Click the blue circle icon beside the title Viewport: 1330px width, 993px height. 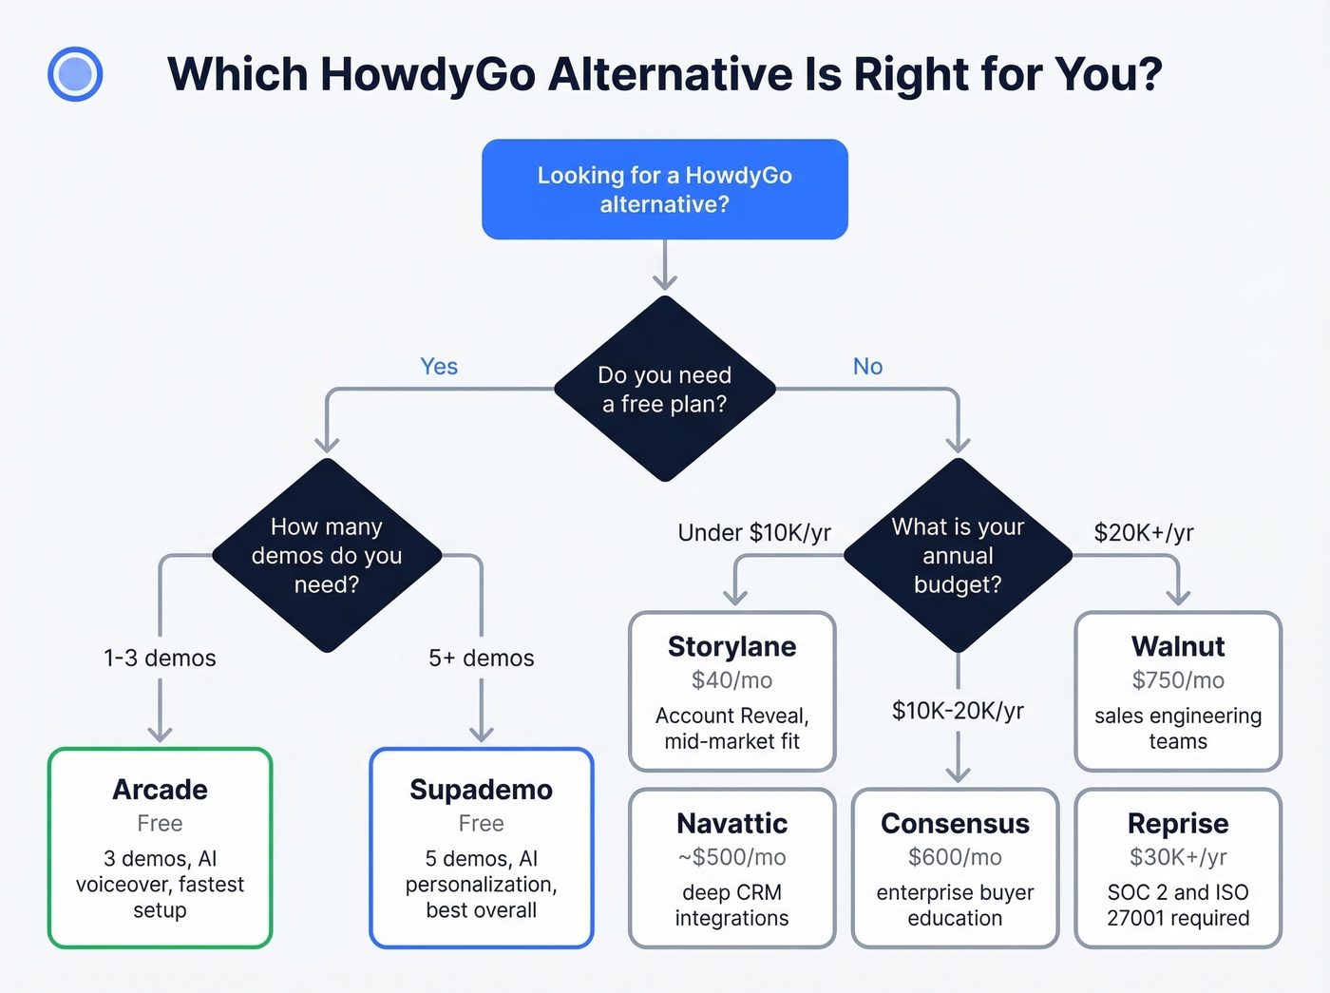[75, 74]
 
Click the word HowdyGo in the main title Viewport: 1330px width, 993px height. [427, 74]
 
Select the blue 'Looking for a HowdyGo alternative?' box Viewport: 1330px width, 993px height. [664, 189]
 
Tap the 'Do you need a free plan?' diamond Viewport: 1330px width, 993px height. [664, 389]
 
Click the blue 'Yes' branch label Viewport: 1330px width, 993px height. [439, 367]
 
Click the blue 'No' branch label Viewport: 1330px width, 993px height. [867, 367]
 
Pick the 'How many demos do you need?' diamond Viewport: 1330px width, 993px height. [327, 555]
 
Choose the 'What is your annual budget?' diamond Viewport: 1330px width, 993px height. [958, 555]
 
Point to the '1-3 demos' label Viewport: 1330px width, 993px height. [160, 658]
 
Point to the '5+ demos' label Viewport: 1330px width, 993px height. [482, 658]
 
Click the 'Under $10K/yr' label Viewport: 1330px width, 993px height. [754, 533]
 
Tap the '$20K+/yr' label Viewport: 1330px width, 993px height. [1144, 533]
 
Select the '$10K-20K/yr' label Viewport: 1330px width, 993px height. [958, 711]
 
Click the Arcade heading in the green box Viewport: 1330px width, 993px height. [160, 790]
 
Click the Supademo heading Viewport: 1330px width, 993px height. [482, 790]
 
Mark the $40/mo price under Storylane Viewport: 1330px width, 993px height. [731, 680]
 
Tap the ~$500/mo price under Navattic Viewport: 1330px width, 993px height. [731, 857]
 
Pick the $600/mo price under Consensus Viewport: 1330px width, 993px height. [955, 857]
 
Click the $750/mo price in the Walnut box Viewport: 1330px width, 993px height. [1178, 680]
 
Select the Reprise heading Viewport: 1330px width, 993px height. [1178, 823]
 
